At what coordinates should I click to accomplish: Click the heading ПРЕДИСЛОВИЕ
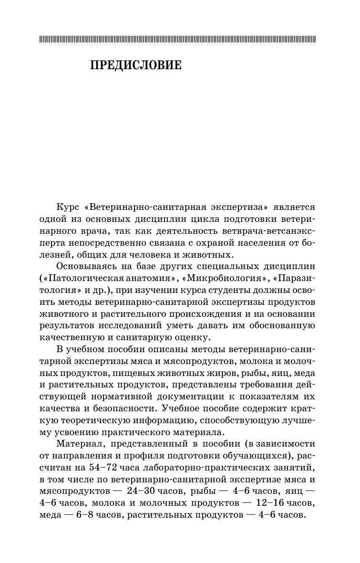(x=136, y=65)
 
